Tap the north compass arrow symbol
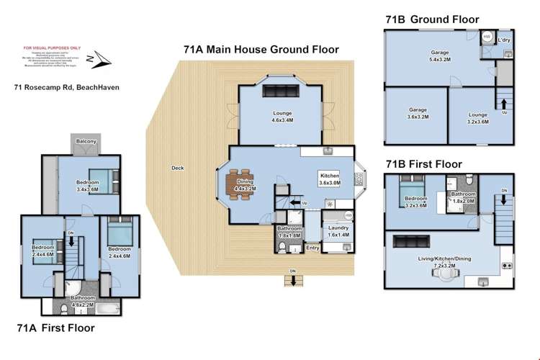[96, 59]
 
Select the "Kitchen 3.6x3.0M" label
[329, 179]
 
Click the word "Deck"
[177, 168]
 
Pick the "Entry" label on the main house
[312, 248]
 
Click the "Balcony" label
[86, 142]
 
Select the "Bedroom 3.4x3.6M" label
[88, 186]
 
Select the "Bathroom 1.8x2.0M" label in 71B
[463, 197]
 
